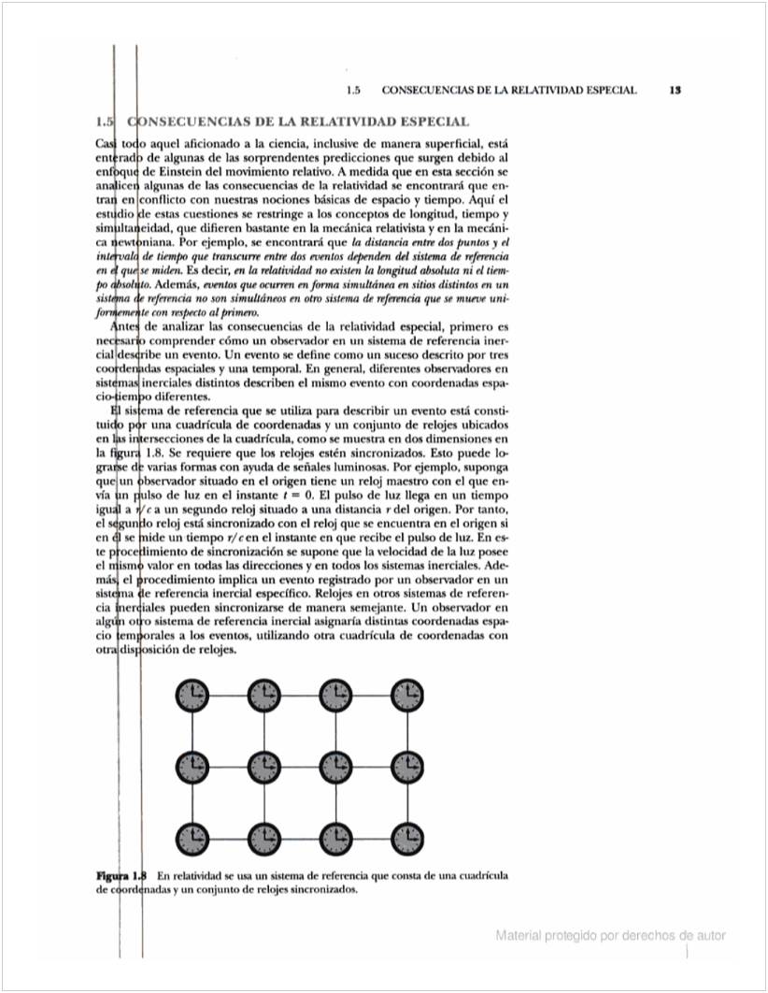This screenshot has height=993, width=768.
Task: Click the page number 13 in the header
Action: (675, 91)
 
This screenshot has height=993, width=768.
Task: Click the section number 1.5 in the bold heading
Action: (106, 122)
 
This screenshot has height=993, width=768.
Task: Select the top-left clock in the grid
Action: (192, 696)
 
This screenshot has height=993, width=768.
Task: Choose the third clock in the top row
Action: (335, 696)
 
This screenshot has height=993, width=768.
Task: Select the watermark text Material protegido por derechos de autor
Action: (611, 935)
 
